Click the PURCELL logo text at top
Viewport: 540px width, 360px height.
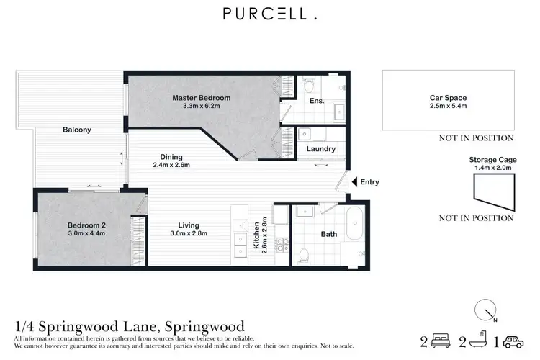point(269,14)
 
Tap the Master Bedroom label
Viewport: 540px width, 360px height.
point(201,98)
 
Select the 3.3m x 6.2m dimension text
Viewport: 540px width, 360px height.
point(201,107)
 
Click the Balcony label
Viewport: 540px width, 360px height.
point(76,130)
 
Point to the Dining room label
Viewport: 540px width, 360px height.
point(171,157)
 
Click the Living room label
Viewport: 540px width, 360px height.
point(188,225)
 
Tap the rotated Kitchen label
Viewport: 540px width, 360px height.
point(256,235)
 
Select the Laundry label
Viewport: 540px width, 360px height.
point(320,149)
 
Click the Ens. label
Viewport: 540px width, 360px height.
point(317,101)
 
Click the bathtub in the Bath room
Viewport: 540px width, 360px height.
point(355,225)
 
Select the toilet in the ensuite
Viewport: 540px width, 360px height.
point(307,85)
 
